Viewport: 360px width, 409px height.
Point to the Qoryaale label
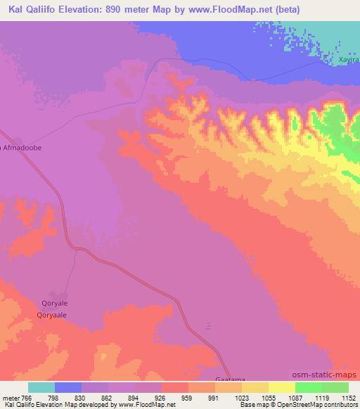51,316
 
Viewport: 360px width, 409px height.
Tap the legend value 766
25,397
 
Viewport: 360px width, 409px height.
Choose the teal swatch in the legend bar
41,387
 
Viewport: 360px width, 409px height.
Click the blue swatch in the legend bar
68,387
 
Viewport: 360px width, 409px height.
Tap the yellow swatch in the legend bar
281,387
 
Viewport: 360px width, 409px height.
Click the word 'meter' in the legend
11,397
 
